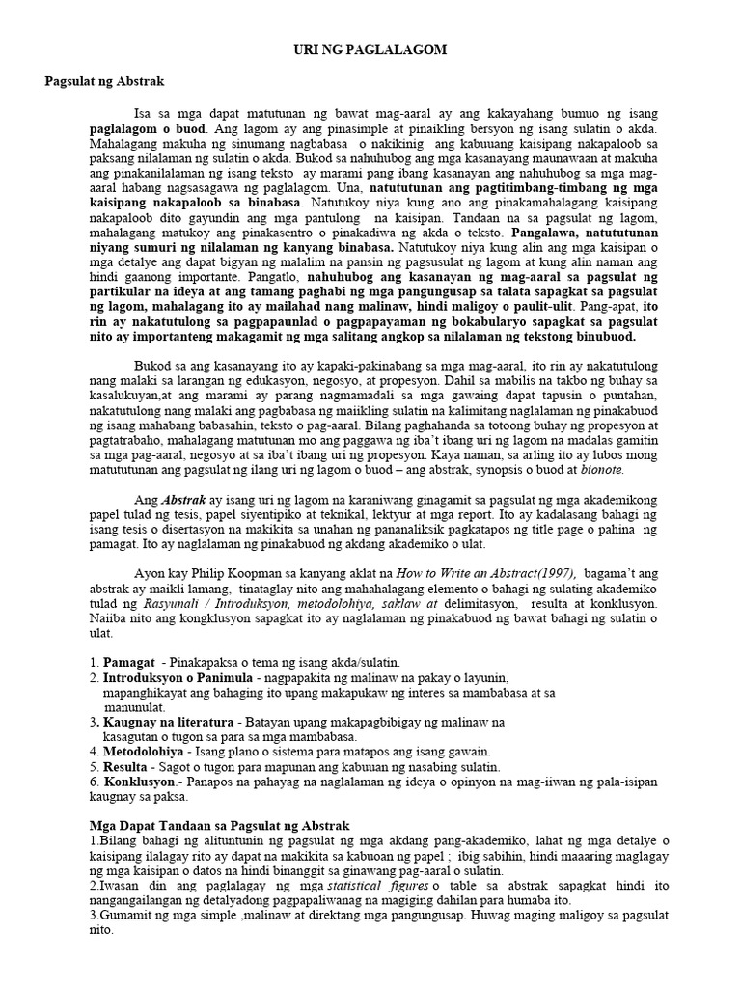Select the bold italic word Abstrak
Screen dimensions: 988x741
(182, 501)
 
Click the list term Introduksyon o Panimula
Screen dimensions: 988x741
(178, 678)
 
